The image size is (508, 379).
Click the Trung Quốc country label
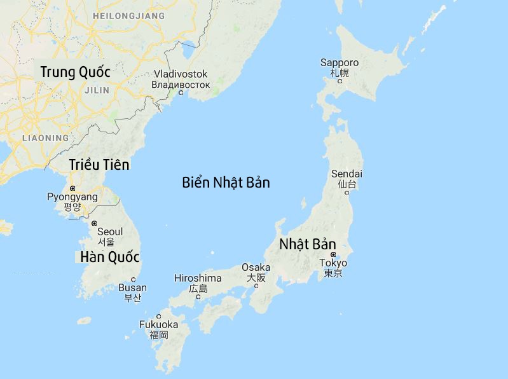pos(75,72)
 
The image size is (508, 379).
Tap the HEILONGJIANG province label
pos(128,15)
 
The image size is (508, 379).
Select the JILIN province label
pos(97,90)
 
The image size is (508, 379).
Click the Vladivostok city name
pos(181,74)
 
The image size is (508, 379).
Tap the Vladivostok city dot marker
pos(181,93)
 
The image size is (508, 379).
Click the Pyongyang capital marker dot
pos(73,188)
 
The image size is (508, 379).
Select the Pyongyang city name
pos(72,197)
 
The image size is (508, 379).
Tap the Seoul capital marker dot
pos(94,223)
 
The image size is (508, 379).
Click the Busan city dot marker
pos(133,279)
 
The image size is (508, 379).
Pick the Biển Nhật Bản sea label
pos(226,183)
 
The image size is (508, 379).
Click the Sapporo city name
pos(340,62)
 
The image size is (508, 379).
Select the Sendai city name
pos(347,174)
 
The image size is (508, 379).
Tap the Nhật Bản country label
pos(307,244)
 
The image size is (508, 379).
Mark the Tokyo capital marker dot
pos(333,254)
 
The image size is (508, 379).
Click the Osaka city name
pos(256,267)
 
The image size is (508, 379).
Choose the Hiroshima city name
pos(198,278)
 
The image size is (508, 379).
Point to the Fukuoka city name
pos(158,324)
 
